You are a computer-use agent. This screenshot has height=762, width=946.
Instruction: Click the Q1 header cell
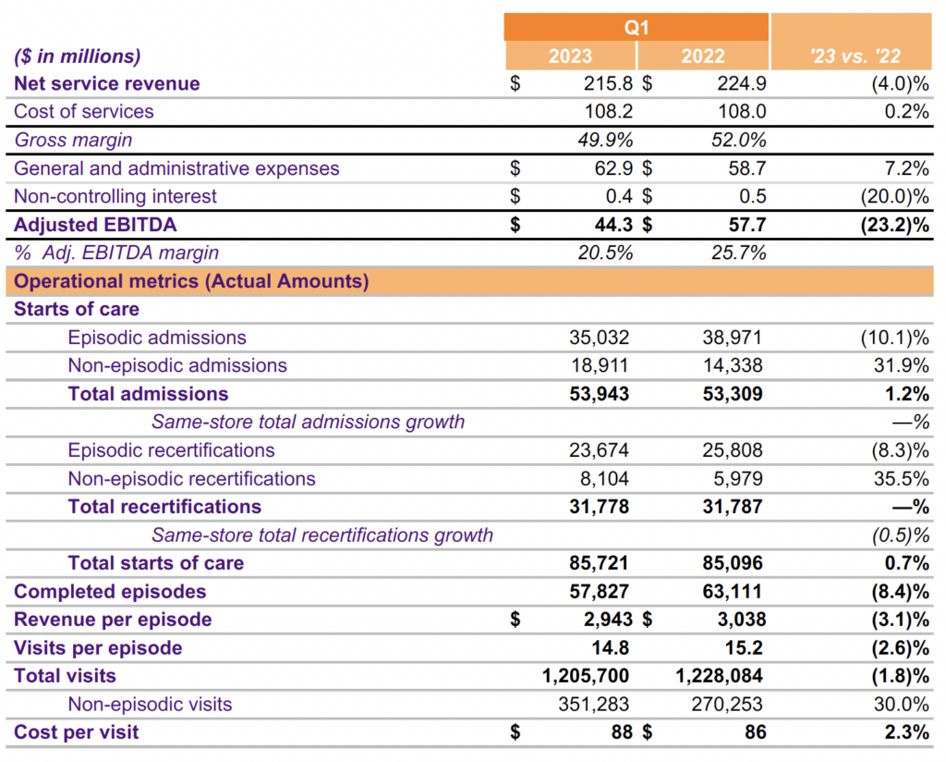(x=636, y=27)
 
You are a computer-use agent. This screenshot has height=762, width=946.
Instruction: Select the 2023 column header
(x=570, y=55)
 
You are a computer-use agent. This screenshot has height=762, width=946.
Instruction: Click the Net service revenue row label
(x=106, y=83)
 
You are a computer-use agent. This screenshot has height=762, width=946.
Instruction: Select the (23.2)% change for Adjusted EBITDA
(x=885, y=225)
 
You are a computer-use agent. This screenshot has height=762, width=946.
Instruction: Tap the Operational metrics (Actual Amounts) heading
(x=191, y=281)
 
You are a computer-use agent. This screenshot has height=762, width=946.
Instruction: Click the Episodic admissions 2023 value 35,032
(x=599, y=338)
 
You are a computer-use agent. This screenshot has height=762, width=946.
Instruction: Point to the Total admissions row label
(x=148, y=394)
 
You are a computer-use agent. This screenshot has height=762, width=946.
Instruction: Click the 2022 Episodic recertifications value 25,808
(x=733, y=450)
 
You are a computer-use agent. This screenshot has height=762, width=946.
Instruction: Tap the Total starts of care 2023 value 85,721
(x=599, y=563)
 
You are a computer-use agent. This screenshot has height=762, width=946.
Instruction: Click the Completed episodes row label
(x=110, y=591)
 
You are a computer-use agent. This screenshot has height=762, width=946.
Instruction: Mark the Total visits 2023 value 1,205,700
(x=586, y=676)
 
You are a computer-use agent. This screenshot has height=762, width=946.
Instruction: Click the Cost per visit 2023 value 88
(x=620, y=732)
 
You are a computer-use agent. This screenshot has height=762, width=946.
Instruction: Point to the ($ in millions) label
(x=78, y=55)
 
